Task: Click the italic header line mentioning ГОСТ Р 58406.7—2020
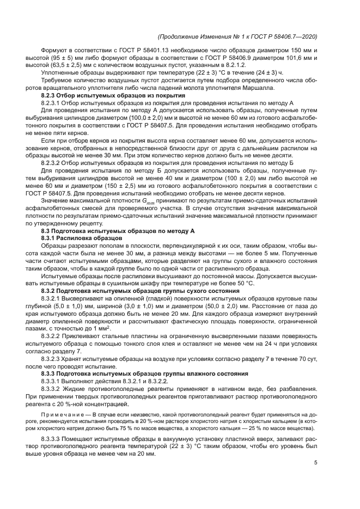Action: pyautogui.click(x=237, y=37)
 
